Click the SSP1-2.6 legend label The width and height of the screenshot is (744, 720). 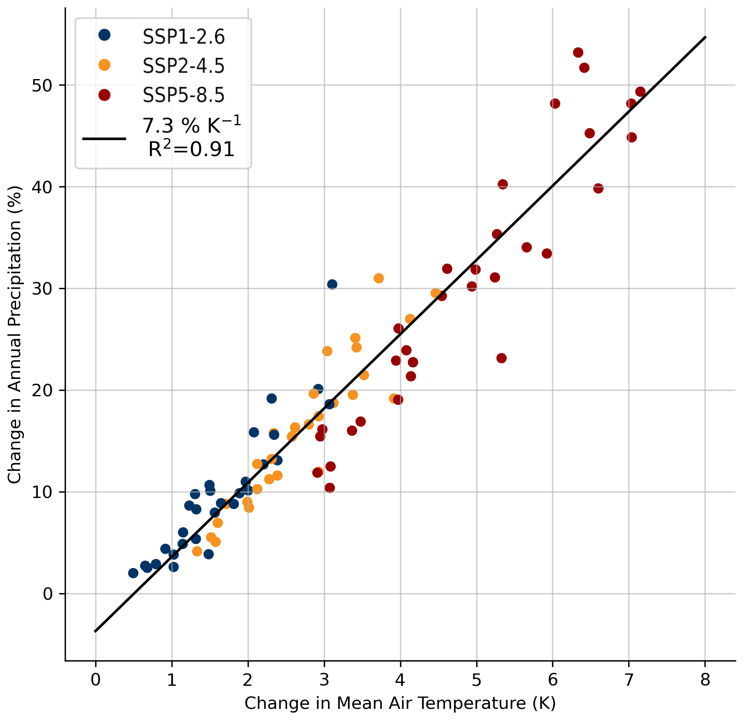184,37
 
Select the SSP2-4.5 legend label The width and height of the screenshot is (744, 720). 184,66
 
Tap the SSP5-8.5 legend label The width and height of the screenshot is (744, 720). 184,95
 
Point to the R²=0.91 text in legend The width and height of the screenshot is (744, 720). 192,150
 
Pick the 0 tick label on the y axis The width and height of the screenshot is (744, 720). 48,594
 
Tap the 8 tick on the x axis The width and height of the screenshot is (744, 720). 705,680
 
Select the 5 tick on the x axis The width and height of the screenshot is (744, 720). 477,680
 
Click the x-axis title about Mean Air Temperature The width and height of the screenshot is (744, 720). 400,703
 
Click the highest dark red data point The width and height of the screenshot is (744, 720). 578,52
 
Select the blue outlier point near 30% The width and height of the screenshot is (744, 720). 332,284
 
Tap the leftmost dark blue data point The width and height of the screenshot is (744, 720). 133,573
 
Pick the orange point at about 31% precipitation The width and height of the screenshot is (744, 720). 379,278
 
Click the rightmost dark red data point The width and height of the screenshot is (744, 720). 640,91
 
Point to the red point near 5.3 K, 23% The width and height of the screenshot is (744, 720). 501,358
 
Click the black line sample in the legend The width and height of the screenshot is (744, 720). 104,138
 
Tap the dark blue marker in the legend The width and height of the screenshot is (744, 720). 105,35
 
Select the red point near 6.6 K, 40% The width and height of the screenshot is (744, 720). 598,188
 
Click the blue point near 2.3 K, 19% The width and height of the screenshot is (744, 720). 271,398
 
